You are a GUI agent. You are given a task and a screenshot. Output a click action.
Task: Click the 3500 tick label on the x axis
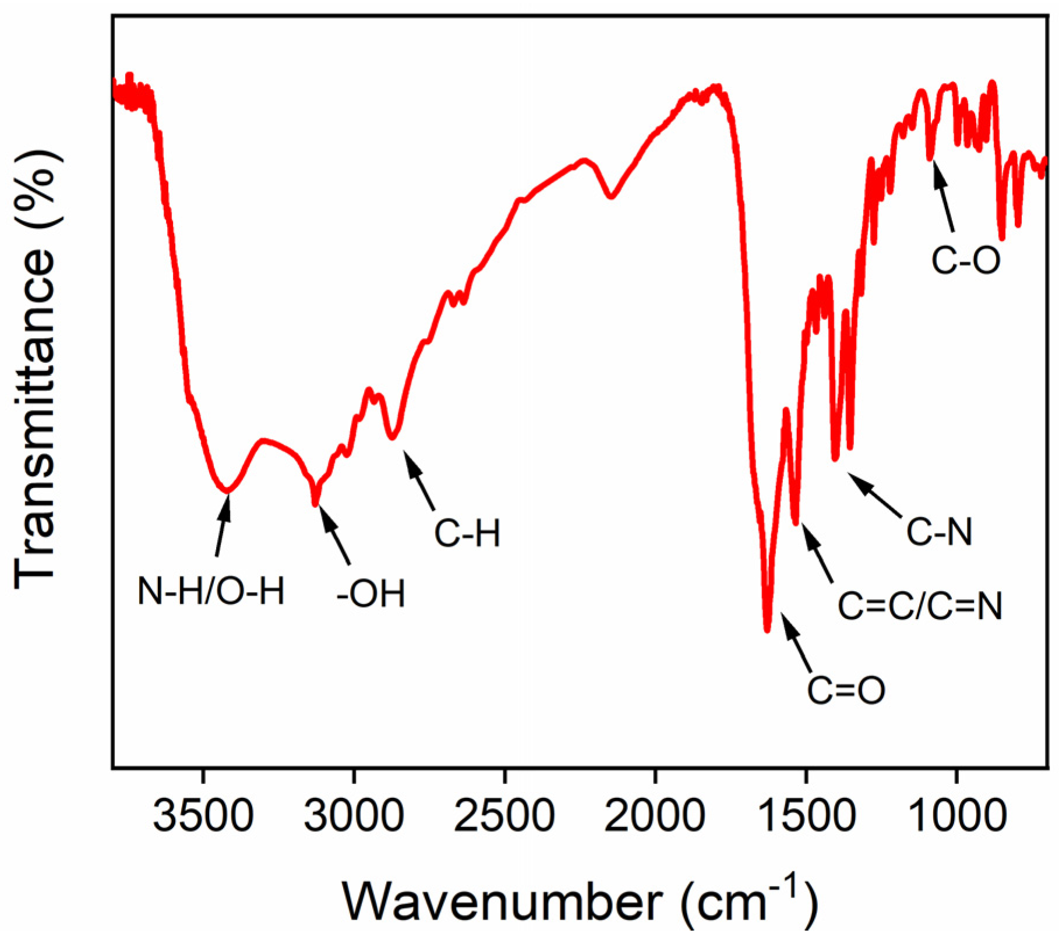tap(203, 815)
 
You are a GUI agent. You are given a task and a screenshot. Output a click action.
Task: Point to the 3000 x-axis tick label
tap(354, 815)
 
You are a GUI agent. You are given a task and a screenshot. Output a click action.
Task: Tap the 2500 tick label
tap(504, 815)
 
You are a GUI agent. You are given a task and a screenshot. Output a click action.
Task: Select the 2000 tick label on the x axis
tap(655, 815)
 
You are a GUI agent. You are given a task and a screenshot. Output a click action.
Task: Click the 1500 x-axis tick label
tap(806, 815)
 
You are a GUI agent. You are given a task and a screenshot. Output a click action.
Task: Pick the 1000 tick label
tap(956, 815)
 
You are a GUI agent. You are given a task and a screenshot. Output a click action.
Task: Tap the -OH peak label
tap(370, 594)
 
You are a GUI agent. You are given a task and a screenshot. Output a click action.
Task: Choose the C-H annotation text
tap(467, 533)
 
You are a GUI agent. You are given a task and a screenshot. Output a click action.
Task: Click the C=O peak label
tap(846, 690)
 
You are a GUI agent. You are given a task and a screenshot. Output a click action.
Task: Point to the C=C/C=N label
tap(920, 606)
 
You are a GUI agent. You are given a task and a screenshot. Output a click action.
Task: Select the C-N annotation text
tap(939, 531)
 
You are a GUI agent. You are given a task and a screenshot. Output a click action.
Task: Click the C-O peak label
tap(965, 260)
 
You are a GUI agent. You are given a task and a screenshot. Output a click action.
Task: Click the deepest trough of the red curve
tap(767, 629)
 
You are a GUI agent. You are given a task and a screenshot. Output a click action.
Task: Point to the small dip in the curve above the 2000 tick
tap(610, 196)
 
